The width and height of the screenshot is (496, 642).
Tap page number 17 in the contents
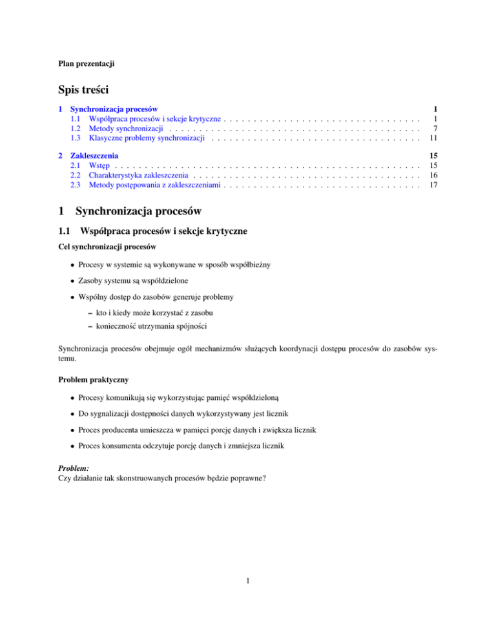435,185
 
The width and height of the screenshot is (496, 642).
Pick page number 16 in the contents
435,175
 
